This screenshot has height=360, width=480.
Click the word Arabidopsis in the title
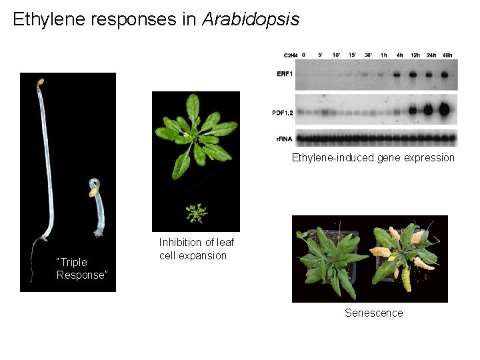(x=251, y=19)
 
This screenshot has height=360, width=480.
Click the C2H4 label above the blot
(x=290, y=55)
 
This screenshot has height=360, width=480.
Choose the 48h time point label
(x=447, y=55)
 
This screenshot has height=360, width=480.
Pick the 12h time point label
(x=415, y=55)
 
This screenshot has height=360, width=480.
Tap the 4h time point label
(x=399, y=55)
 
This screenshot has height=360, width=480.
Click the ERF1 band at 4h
(x=399, y=75)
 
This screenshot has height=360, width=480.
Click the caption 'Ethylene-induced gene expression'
(x=373, y=158)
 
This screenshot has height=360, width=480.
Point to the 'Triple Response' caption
(x=81, y=269)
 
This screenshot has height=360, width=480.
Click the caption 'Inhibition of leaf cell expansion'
(x=196, y=249)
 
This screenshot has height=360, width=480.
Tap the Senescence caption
(x=373, y=313)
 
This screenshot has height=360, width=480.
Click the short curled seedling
(x=98, y=207)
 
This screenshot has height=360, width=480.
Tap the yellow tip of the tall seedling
(x=41, y=81)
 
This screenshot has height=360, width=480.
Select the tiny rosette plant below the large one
(x=196, y=213)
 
